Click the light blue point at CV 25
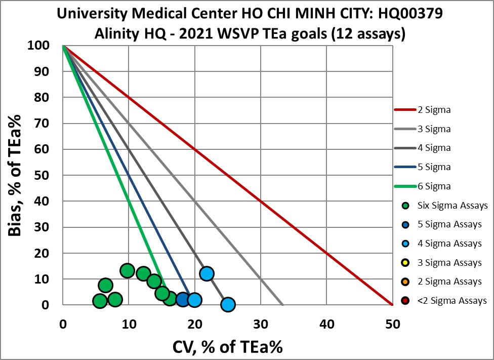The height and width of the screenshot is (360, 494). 228,304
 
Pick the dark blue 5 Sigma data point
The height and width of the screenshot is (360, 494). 183,300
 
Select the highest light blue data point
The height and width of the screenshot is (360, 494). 206,274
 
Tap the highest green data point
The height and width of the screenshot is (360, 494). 127,271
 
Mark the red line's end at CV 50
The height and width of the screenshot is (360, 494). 392,305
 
